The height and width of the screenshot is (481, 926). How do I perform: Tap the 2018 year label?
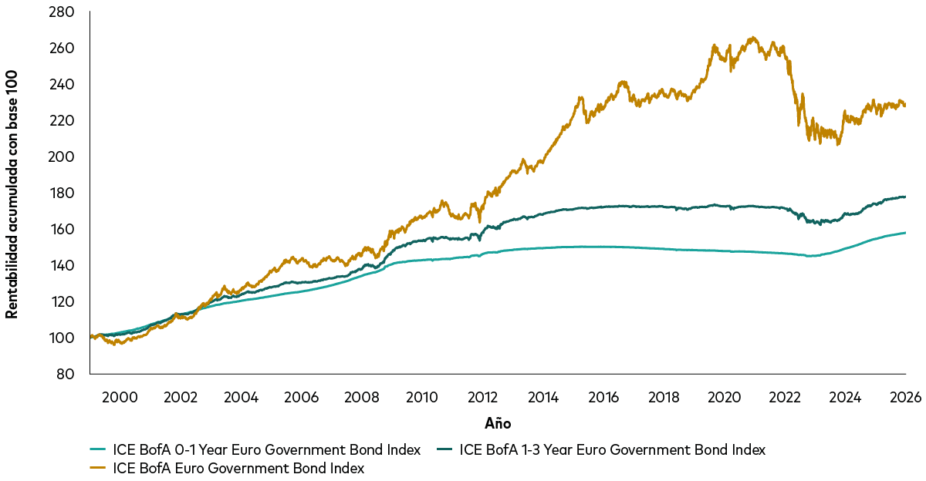point(664,398)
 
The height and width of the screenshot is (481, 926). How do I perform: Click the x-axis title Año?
point(498,423)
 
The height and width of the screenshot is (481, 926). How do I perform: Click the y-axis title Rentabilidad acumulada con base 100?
point(12,193)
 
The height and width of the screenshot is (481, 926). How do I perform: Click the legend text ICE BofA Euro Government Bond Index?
point(238,468)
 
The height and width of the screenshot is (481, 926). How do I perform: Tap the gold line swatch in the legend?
point(98,468)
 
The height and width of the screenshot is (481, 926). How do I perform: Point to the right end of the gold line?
point(905,106)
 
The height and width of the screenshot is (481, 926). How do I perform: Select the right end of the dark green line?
point(905,197)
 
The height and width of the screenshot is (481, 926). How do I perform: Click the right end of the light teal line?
point(905,233)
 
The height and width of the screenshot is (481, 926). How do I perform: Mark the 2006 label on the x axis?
point(301,398)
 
